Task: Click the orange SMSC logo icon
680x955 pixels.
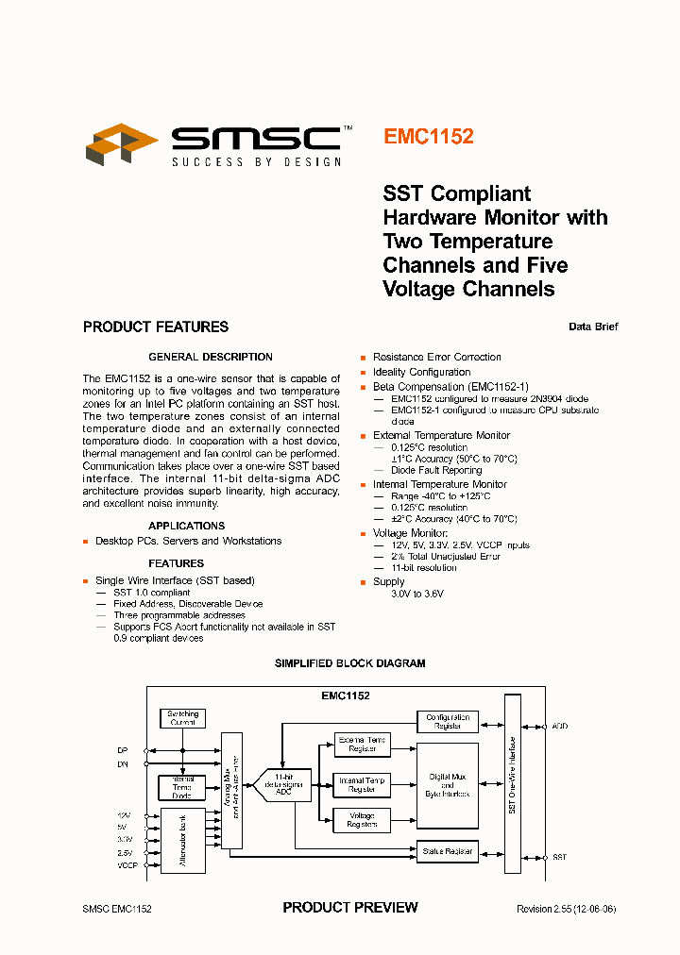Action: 121,143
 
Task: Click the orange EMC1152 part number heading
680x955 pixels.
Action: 428,136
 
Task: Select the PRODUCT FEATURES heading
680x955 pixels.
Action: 156,327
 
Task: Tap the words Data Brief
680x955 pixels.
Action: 593,327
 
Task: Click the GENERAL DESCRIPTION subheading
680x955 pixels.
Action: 211,357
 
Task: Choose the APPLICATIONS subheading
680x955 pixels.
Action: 186,526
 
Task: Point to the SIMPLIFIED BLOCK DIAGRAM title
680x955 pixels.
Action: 349,663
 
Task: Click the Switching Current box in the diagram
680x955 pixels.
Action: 182,718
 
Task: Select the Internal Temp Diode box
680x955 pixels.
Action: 182,787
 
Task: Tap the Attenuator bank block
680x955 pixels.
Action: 182,841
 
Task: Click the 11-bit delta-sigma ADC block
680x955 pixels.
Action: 282,784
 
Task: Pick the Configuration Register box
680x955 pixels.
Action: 448,722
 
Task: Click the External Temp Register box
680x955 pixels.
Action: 362,745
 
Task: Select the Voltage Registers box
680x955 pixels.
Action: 362,820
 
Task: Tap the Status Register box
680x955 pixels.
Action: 448,851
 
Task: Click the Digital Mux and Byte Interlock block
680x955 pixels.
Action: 448,785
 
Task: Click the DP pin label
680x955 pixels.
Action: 122,751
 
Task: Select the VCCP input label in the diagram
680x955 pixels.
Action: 127,865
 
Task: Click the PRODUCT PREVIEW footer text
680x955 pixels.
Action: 350,908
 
